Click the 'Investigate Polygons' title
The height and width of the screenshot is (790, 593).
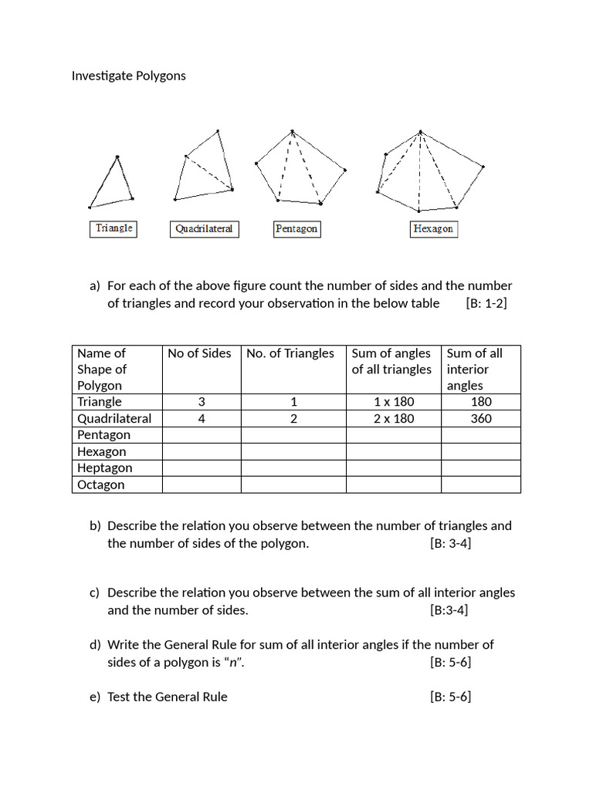click(x=128, y=76)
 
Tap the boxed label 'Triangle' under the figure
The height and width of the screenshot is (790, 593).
click(x=114, y=228)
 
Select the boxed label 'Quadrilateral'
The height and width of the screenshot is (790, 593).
click(x=204, y=229)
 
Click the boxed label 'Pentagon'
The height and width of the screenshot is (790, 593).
click(x=296, y=229)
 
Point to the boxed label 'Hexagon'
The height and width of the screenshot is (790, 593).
click(x=433, y=229)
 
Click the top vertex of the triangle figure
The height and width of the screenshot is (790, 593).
click(x=117, y=157)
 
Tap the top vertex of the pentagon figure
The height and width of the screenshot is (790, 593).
click(x=292, y=131)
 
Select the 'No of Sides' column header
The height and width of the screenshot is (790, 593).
click(x=199, y=353)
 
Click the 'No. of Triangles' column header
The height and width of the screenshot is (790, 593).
click(x=290, y=353)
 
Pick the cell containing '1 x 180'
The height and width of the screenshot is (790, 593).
click(x=393, y=402)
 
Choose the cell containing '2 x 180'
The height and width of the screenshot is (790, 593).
click(x=393, y=419)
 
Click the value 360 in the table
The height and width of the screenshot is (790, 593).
click(x=480, y=419)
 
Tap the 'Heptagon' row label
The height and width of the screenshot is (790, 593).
click(x=104, y=468)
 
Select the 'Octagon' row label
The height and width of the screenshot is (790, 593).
click(x=100, y=485)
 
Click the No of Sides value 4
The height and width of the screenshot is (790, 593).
click(x=201, y=419)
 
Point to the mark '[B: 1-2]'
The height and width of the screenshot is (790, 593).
click(x=486, y=303)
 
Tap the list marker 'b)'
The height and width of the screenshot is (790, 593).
click(x=95, y=526)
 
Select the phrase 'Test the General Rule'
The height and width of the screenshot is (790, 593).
click(x=168, y=697)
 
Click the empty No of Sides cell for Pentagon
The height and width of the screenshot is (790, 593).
click(x=201, y=435)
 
